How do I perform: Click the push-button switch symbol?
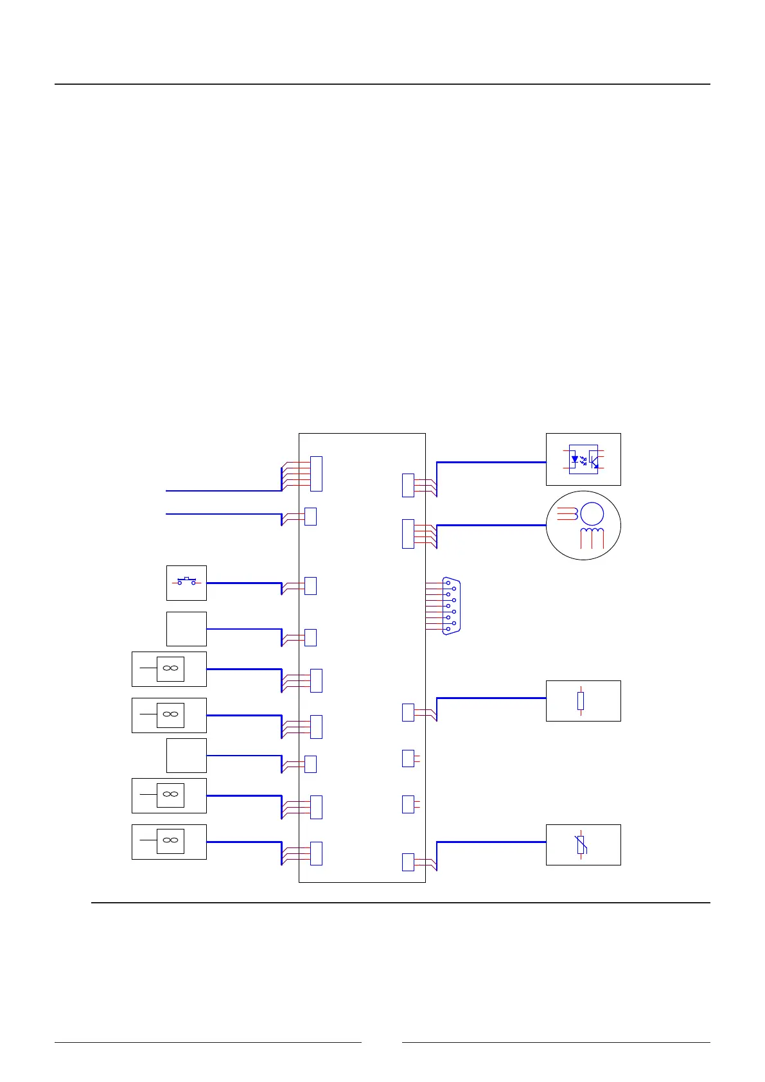[x=186, y=581]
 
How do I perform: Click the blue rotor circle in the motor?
[x=592, y=514]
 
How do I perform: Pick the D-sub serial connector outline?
[x=452, y=606]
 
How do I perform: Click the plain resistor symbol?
[x=581, y=701]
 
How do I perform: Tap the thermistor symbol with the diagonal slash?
[x=581, y=845]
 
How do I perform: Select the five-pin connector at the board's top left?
[x=316, y=474]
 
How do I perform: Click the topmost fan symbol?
[x=170, y=669]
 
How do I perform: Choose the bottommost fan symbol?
[x=170, y=841]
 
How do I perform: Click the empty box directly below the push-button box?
[x=186, y=628]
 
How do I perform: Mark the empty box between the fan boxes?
[x=186, y=755]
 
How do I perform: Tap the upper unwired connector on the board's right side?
[x=408, y=758]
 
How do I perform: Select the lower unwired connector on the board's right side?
[x=408, y=804]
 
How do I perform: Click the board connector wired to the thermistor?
[x=408, y=862]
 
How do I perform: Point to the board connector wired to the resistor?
[x=408, y=712]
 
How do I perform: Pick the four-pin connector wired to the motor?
[x=408, y=533]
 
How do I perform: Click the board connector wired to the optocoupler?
[x=408, y=485]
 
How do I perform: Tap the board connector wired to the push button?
[x=310, y=585]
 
